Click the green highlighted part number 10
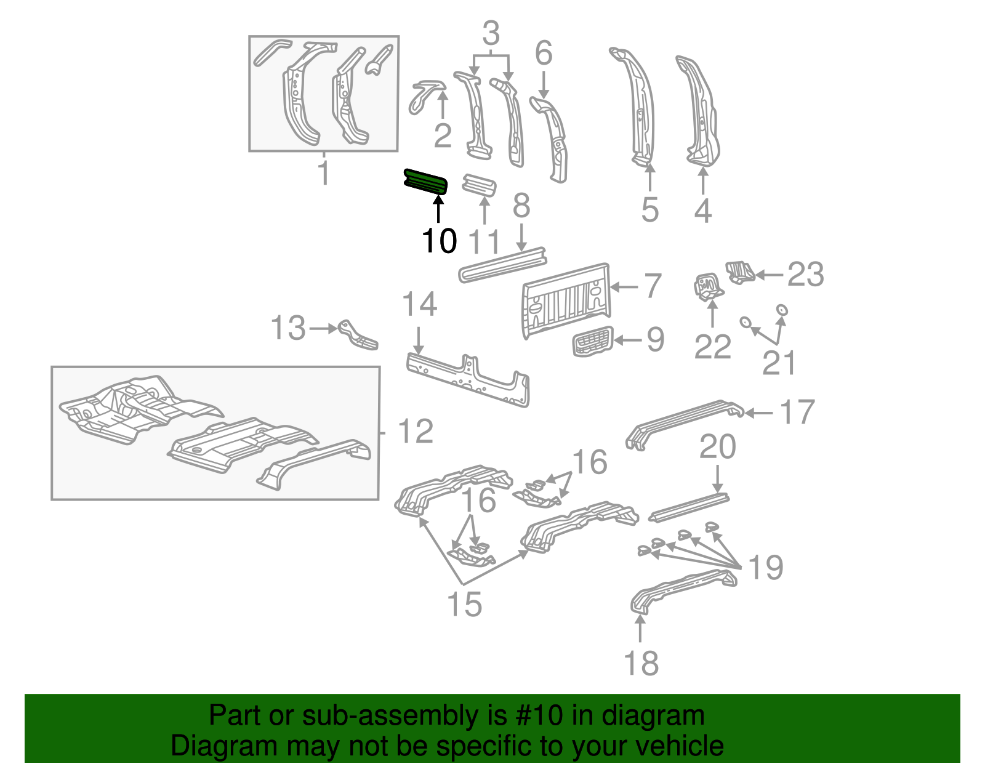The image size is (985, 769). [425, 182]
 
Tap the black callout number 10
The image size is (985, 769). [440, 240]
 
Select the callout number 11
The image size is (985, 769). [484, 242]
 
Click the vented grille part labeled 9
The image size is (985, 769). [593, 341]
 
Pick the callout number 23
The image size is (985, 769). [805, 274]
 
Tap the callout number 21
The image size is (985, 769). [779, 363]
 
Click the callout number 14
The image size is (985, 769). [419, 304]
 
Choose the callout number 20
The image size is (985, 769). [717, 447]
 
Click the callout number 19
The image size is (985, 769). [765, 567]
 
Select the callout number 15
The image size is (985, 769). [464, 604]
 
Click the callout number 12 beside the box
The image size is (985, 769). [416, 432]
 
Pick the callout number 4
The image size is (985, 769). [703, 211]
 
